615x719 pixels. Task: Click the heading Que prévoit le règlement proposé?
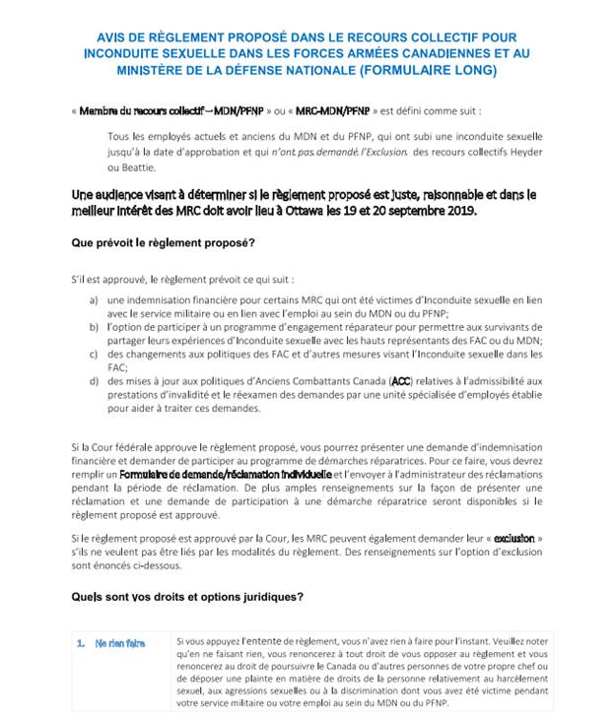coord(163,242)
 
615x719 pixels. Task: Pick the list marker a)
coord(94,299)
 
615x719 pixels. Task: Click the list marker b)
coord(94,326)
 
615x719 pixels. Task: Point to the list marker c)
coord(94,353)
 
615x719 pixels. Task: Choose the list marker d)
coord(94,380)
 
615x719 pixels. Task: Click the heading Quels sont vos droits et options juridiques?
coord(187,597)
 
